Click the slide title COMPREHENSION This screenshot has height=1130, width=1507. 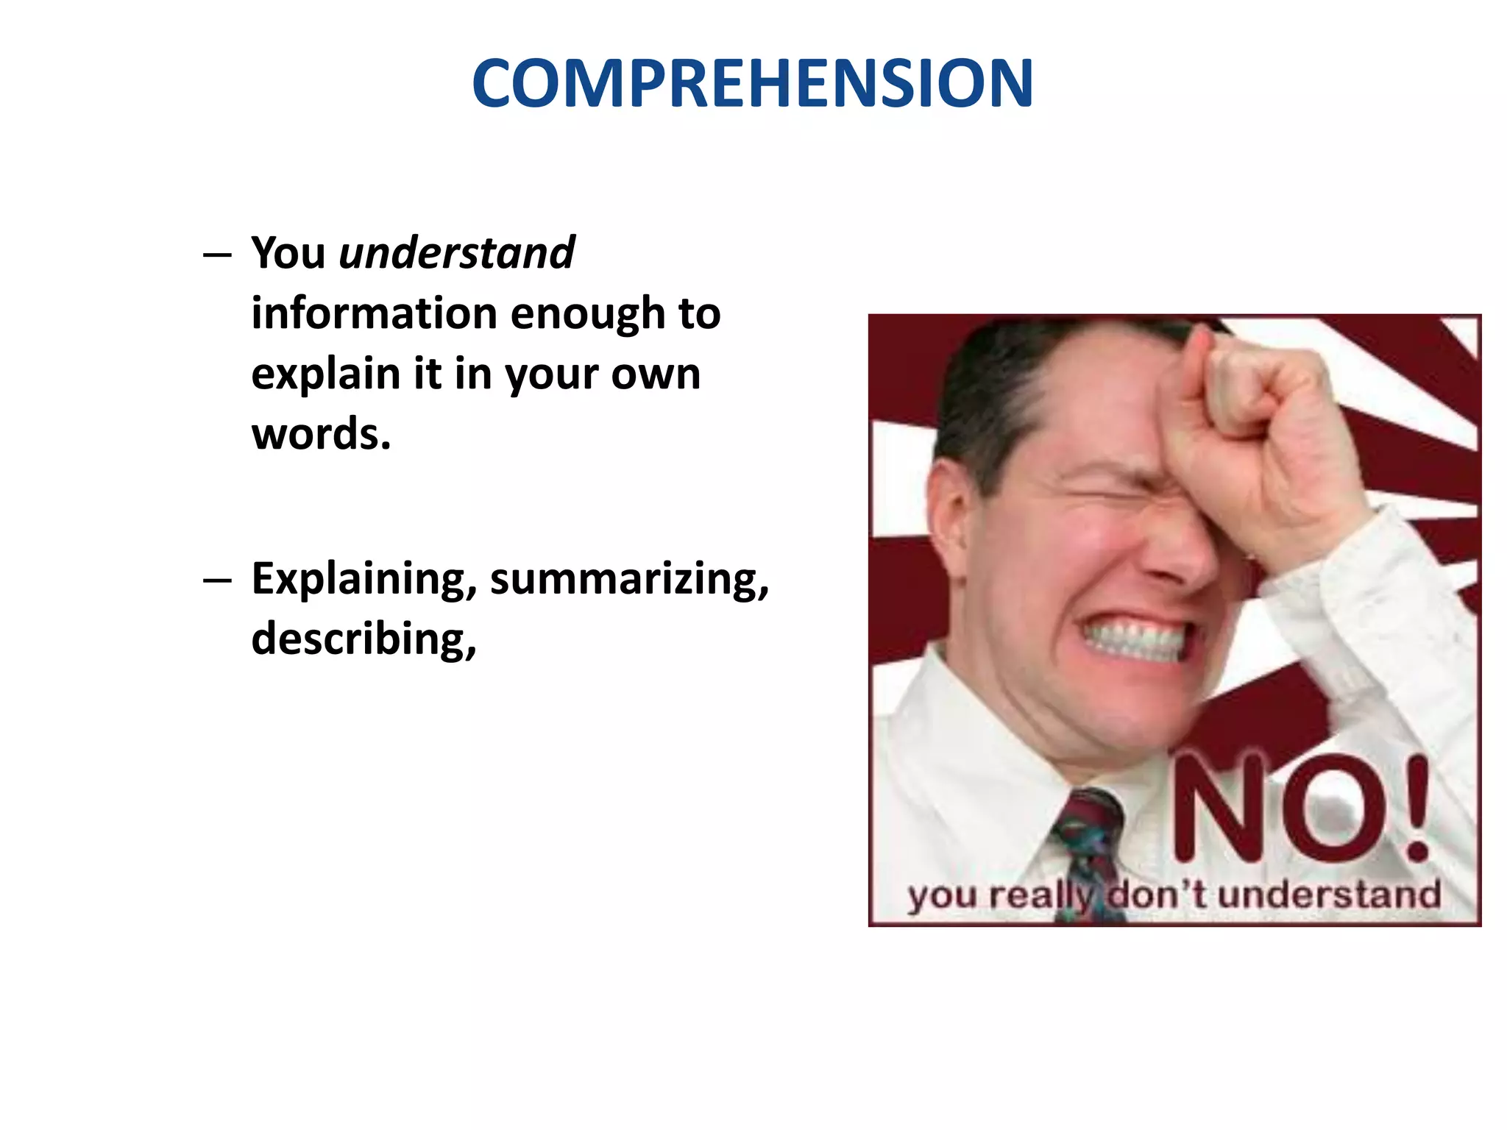(x=752, y=83)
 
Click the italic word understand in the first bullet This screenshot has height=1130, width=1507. (x=456, y=253)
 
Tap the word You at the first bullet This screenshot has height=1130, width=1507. (x=288, y=253)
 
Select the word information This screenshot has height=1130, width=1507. (x=375, y=313)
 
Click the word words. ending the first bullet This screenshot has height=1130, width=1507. (x=321, y=434)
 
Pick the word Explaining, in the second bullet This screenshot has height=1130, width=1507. (x=364, y=580)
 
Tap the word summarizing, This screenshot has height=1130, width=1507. (x=630, y=580)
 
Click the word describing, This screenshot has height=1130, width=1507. (x=364, y=639)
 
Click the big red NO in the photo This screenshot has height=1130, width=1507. (x=1277, y=809)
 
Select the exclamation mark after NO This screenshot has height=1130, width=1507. (x=1416, y=809)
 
